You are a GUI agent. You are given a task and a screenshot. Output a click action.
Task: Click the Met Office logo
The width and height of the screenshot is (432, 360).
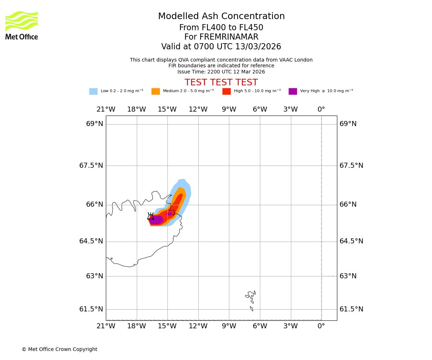coord(22,25)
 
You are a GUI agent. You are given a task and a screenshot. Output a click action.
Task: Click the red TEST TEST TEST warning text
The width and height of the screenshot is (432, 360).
coord(221,83)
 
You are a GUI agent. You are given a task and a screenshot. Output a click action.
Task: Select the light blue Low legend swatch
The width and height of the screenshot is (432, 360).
coord(93,91)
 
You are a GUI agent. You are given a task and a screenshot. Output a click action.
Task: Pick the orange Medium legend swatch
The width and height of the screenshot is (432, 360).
coord(156,91)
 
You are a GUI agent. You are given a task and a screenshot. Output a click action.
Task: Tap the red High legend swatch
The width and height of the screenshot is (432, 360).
coord(226,91)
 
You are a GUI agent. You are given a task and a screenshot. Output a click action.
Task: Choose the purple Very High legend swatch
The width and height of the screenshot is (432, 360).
coord(293,91)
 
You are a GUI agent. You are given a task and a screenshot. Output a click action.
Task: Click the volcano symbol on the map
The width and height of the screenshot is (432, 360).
coord(151,216)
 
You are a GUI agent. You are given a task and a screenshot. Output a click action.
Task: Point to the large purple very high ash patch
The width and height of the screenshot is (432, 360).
coord(156,220)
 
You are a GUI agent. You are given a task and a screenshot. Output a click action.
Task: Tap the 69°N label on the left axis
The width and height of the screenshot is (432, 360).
coord(95,124)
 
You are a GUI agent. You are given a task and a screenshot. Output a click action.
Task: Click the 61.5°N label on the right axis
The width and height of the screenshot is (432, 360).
coord(351,309)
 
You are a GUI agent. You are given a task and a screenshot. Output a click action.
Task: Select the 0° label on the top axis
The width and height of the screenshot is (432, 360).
coord(321,109)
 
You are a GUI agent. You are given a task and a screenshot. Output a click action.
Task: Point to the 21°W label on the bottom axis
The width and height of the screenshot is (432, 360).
coord(106,326)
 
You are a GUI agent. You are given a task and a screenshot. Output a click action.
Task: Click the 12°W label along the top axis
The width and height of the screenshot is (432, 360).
coord(198,109)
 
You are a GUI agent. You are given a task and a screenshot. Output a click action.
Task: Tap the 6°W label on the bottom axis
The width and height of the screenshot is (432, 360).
coord(260,326)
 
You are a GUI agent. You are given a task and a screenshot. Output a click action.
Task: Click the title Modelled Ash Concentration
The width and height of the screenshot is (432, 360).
coord(221,17)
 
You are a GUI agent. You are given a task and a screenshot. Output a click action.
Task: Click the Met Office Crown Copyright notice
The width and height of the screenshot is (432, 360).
coord(59,350)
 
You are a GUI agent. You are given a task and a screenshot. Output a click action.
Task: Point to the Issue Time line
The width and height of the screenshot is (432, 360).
coord(221,72)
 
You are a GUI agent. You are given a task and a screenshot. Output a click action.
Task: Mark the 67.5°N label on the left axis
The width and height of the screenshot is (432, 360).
coord(91,166)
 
